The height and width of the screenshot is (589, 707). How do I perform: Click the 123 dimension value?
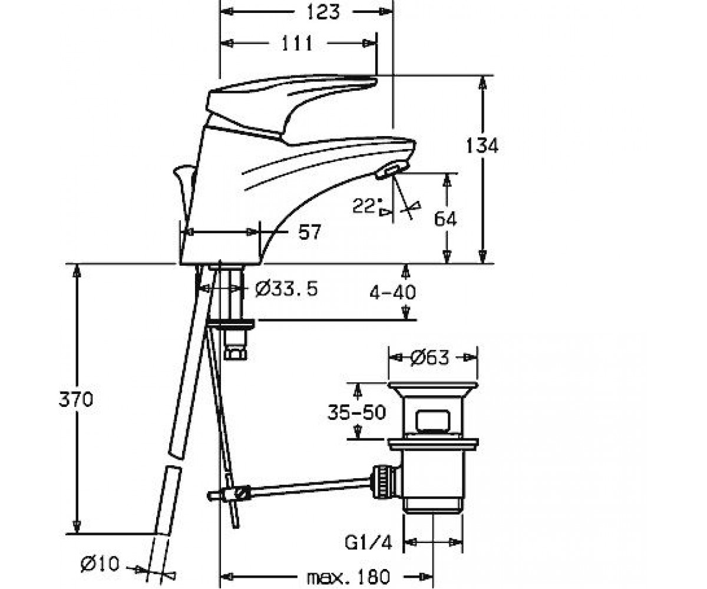pos(323,12)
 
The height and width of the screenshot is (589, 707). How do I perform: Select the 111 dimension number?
pos(297,44)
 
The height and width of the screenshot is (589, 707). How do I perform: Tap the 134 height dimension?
pos(482,145)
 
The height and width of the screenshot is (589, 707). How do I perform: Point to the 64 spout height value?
pos(445,219)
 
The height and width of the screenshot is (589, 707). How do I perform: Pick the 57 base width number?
pos(309,232)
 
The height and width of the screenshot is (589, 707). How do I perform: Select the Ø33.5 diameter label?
pos(286,289)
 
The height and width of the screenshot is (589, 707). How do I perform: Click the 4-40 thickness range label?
pos(392,292)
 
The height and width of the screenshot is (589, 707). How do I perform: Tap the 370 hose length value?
pos(76,399)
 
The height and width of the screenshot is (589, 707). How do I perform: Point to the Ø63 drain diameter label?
pos(430,358)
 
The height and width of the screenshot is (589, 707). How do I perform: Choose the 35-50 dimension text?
pos(357,412)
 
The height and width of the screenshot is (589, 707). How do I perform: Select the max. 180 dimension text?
pos(348,577)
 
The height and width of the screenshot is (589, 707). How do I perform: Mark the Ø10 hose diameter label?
pos(100,564)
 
